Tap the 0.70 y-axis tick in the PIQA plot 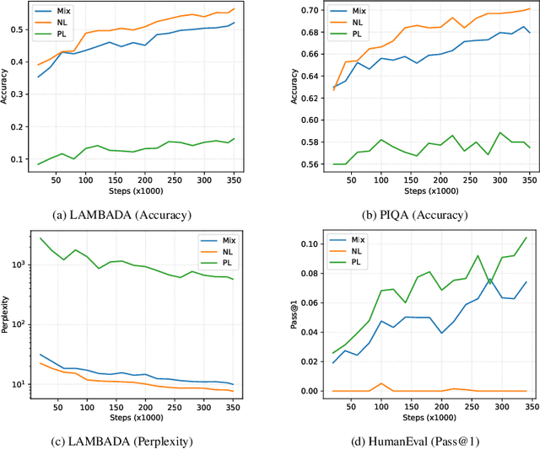point(289,9)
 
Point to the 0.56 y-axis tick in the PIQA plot point(289,164)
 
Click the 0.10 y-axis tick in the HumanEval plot point(289,244)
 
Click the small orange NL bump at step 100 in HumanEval point(381,384)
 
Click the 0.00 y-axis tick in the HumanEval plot point(289,391)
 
